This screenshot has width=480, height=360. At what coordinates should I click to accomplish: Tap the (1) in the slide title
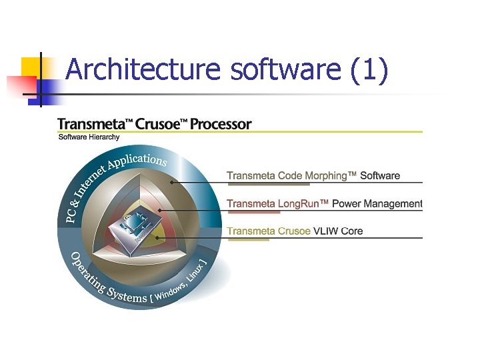click(x=368, y=69)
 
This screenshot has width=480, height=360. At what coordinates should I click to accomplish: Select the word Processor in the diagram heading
click(x=221, y=124)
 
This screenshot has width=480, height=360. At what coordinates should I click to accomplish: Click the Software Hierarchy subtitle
click(x=89, y=137)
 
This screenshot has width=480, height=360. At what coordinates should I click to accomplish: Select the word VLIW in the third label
click(x=327, y=231)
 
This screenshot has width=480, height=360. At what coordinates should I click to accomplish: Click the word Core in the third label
click(x=353, y=231)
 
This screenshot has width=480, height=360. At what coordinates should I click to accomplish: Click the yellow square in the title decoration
click(x=31, y=67)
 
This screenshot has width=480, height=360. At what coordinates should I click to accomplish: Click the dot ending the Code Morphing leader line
click(x=171, y=181)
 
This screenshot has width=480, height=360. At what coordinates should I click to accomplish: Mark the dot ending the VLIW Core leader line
click(x=156, y=237)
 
